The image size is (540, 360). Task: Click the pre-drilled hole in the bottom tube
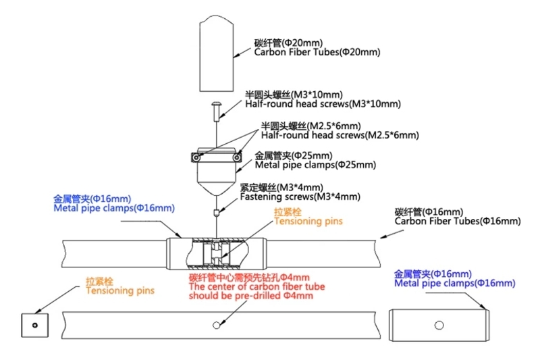[x=216, y=325]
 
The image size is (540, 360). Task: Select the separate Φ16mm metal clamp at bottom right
[x=438, y=325]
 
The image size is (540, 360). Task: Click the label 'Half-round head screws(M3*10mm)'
[x=323, y=103]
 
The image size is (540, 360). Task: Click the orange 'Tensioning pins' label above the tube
[x=308, y=221]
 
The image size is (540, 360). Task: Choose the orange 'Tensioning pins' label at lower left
[x=119, y=290]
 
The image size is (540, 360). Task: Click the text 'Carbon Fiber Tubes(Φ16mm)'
[x=457, y=221]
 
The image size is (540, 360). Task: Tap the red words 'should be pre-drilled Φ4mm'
[x=249, y=295]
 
